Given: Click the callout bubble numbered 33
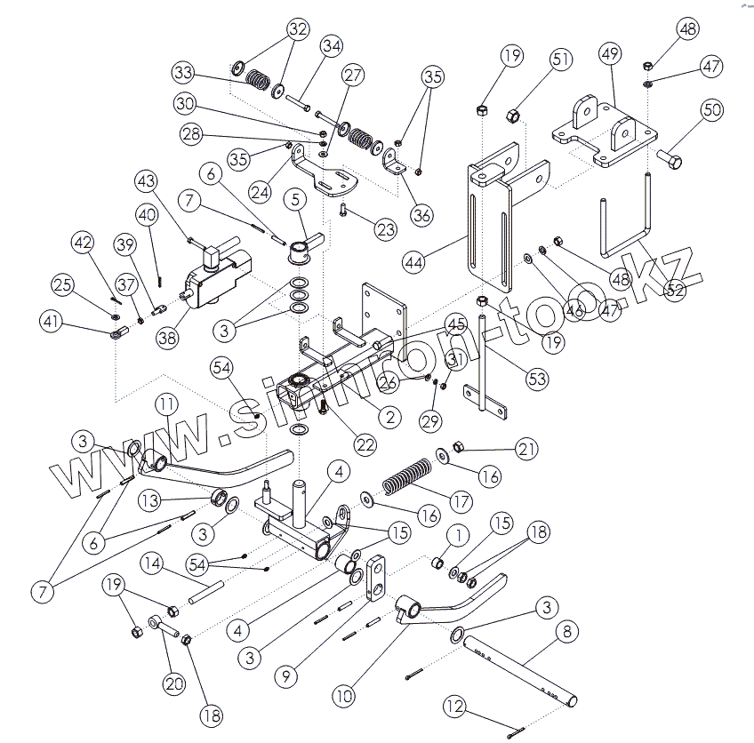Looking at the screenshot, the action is point(184,71).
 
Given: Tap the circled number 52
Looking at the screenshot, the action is point(676,288).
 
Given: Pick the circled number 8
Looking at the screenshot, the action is point(564,633).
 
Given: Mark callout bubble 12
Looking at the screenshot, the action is point(455,707).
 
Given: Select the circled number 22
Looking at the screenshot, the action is point(365,443).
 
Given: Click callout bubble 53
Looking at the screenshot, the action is point(536,379).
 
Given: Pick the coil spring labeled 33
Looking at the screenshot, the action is point(257,80).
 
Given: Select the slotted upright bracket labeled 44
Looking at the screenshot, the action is point(489,227).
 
